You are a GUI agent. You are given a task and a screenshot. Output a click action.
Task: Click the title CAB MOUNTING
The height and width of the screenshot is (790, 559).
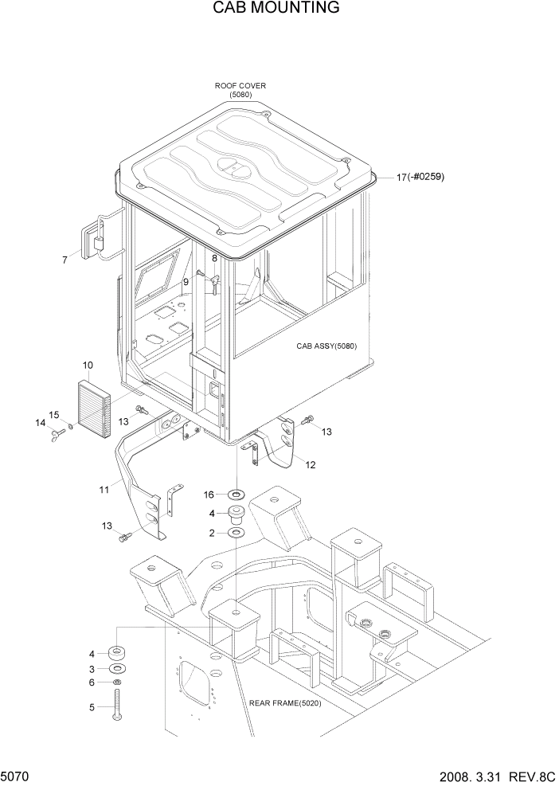click(x=276, y=9)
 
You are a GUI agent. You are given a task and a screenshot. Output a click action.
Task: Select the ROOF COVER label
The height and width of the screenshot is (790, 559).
click(x=240, y=86)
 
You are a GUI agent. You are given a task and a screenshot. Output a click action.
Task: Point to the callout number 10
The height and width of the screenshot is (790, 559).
click(x=88, y=365)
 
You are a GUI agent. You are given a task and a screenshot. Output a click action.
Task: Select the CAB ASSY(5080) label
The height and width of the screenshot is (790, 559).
click(x=326, y=346)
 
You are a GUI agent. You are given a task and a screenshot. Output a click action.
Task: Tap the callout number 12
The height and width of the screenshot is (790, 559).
click(x=311, y=465)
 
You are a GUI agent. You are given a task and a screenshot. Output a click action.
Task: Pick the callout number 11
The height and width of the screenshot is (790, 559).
click(x=104, y=490)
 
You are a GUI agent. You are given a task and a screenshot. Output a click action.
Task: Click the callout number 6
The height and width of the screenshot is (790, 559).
click(x=92, y=682)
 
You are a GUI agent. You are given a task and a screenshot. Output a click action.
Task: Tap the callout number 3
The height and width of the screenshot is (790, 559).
click(x=92, y=668)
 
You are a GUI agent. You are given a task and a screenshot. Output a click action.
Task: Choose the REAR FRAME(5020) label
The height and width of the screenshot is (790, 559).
click(x=285, y=703)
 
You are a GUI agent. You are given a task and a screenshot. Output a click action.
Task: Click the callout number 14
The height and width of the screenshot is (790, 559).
click(x=39, y=423)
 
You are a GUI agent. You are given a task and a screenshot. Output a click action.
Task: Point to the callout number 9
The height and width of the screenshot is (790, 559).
click(x=186, y=281)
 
